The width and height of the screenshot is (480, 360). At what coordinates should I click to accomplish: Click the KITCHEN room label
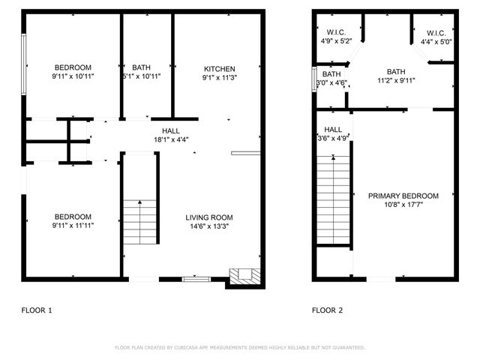click(218, 68)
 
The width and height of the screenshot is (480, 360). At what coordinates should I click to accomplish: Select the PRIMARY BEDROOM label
click(403, 196)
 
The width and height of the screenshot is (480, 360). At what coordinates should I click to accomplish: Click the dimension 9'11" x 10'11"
click(73, 76)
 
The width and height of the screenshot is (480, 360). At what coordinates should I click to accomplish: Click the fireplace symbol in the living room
click(243, 275)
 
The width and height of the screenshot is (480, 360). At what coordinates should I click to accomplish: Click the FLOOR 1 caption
click(37, 310)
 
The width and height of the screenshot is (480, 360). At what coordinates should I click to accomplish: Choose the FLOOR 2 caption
click(328, 310)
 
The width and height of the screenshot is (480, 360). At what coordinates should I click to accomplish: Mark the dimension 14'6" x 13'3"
click(210, 226)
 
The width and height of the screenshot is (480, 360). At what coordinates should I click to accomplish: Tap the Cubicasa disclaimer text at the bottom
click(240, 348)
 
